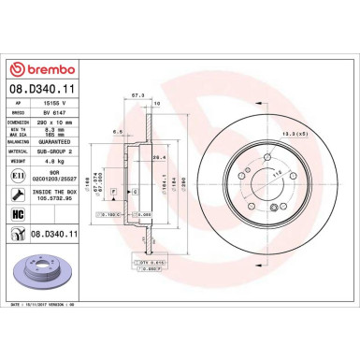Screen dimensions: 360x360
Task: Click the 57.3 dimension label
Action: [x=138, y=94]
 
